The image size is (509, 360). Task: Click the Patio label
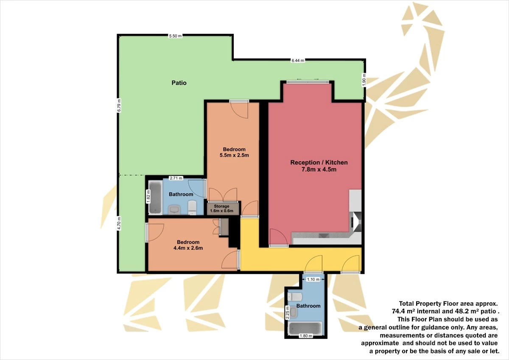(x=179, y=83)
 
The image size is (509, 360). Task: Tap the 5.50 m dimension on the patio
(x=175, y=36)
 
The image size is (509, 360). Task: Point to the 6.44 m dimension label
(x=298, y=61)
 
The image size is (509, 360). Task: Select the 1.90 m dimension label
(x=364, y=80)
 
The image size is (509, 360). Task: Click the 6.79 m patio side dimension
(x=119, y=106)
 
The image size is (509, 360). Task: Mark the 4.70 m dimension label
(x=119, y=223)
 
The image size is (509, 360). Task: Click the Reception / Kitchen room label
(x=319, y=162)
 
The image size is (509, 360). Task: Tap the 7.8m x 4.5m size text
(x=319, y=170)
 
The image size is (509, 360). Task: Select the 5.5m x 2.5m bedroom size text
(x=234, y=155)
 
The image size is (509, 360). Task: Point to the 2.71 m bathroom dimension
(x=176, y=178)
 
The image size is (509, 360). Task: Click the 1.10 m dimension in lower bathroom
(x=313, y=279)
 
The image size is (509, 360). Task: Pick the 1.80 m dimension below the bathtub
(x=305, y=336)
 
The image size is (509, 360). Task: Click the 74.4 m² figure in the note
(x=403, y=311)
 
